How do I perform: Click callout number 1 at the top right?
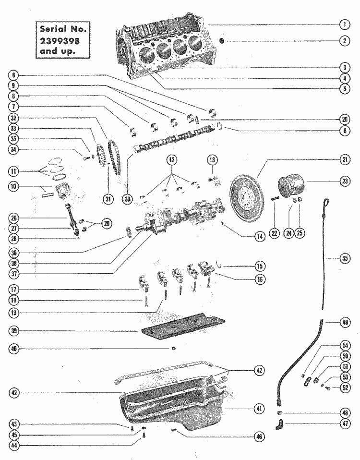click(x=344, y=24)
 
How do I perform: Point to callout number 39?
click(x=15, y=330)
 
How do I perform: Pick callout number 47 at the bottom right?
click(x=344, y=424)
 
